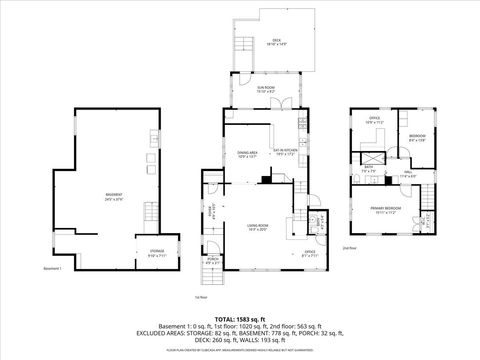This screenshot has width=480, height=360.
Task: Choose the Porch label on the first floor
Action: click(213, 262)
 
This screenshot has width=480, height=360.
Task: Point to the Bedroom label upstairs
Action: click(417, 137)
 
